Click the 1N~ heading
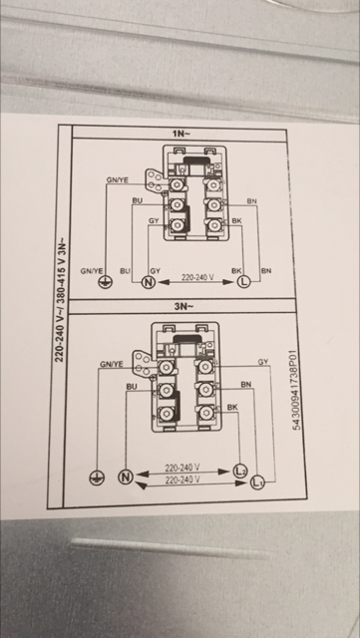pyautogui.click(x=180, y=134)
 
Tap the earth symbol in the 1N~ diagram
pyautogui.click(x=106, y=281)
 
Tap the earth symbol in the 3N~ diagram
pyautogui.click(x=97, y=478)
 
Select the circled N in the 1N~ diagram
pyautogui.click(x=148, y=281)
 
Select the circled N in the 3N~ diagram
pyautogui.click(x=125, y=477)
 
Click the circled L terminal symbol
pyautogui.click(x=243, y=281)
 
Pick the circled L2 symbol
pyautogui.click(x=239, y=471)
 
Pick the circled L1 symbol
pyautogui.click(x=257, y=482)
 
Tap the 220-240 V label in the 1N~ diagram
pyautogui.click(x=197, y=277)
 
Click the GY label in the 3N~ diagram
pyautogui.click(x=263, y=361)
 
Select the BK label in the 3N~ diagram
pyautogui.click(x=232, y=407)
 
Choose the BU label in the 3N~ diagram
pyautogui.click(x=132, y=387)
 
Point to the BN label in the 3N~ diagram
pyautogui.click(x=246, y=384)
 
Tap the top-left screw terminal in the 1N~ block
pyautogui.click(x=177, y=184)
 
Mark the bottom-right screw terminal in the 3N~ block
pyautogui.click(x=204, y=413)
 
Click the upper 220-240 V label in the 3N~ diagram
pyautogui.click(x=182, y=468)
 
